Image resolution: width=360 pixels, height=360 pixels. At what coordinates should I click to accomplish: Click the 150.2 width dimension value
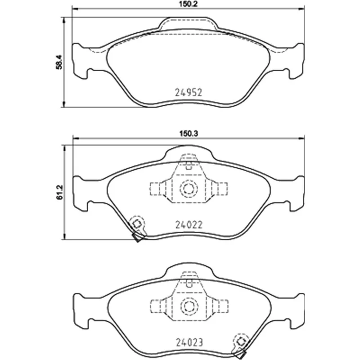[188, 4]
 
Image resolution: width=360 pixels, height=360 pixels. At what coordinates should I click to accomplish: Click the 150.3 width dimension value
[188, 134]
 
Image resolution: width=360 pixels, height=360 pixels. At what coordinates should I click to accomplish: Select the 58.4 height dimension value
[59, 62]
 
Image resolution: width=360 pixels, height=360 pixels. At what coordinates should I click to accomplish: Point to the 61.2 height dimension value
[59, 192]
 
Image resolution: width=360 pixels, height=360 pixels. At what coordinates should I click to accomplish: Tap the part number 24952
[189, 93]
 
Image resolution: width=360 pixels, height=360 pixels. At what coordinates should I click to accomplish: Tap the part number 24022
[189, 225]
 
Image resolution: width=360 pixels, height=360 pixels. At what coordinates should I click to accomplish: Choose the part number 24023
[189, 342]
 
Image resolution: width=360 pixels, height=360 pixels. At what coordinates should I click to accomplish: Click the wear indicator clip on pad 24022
[137, 228]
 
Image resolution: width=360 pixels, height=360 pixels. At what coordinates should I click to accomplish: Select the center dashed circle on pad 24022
[189, 189]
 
